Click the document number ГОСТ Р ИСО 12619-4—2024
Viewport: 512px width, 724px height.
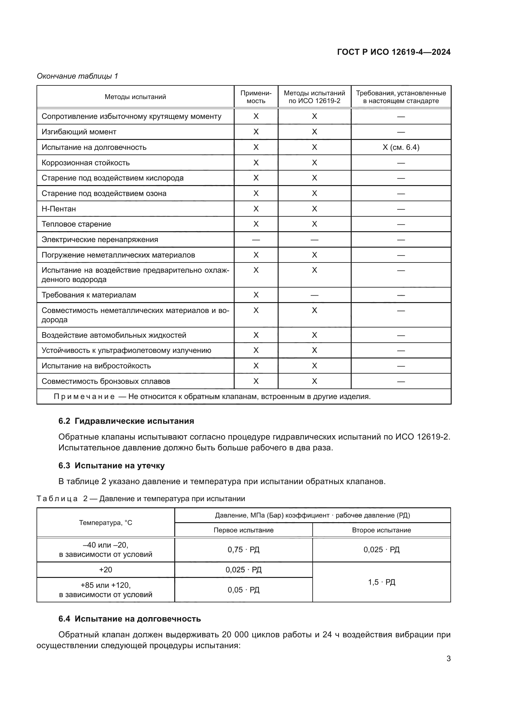(x=393, y=52)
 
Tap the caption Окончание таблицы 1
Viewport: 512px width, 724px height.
(x=77, y=76)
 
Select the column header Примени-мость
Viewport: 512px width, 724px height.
(x=256, y=97)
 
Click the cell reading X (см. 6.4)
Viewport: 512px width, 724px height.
(x=401, y=147)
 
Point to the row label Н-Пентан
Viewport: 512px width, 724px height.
(x=59, y=209)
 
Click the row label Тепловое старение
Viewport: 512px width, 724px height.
(x=76, y=224)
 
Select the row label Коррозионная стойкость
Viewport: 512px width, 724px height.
(x=85, y=163)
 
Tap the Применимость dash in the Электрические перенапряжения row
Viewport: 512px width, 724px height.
(x=256, y=240)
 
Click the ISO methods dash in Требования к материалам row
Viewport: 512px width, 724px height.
(x=314, y=295)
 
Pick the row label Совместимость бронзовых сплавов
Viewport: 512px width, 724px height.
(x=106, y=381)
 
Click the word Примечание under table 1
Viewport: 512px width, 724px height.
(x=84, y=397)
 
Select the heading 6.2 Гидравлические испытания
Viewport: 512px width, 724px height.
(x=126, y=421)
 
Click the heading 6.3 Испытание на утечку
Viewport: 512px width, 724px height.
(x=112, y=466)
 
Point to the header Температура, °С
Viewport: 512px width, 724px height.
(x=106, y=522)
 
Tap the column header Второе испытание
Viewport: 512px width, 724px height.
(x=381, y=530)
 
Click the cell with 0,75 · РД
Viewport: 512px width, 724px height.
(x=243, y=550)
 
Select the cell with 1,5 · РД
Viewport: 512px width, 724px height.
(x=381, y=582)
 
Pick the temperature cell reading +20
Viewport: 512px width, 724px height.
(x=106, y=570)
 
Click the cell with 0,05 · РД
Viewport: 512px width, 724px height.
(x=243, y=590)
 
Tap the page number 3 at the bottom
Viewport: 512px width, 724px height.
(x=448, y=659)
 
